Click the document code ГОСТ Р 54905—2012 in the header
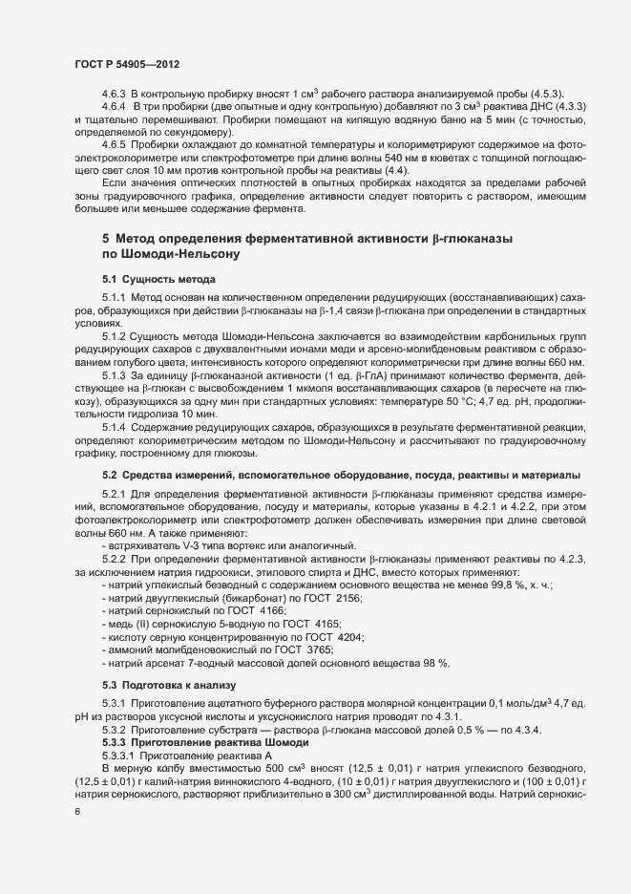pyautogui.click(x=126, y=63)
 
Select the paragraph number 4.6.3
pyautogui.click(x=115, y=93)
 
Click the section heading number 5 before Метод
pyautogui.click(x=106, y=240)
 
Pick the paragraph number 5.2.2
pyautogui.click(x=115, y=558)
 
